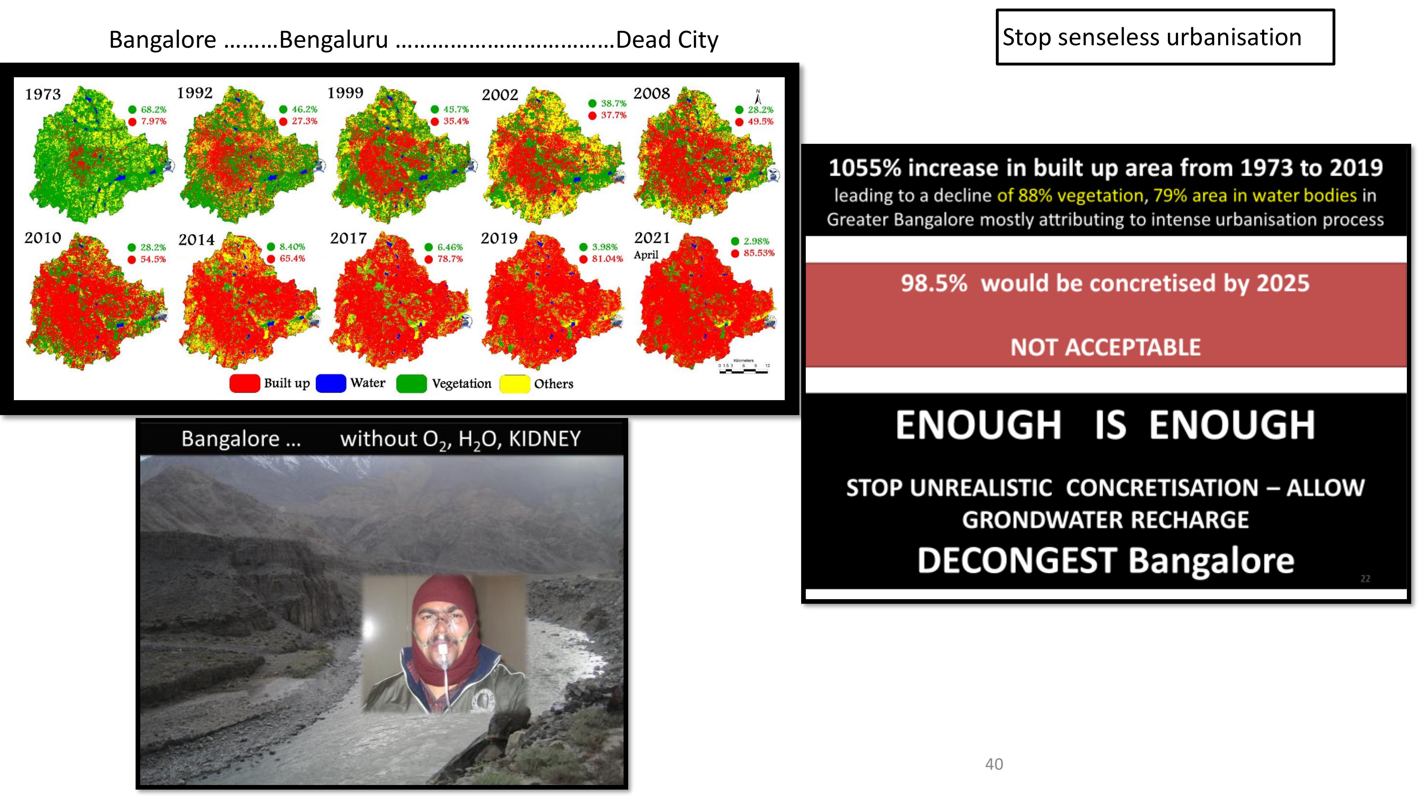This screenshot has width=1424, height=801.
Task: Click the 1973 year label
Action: point(43,95)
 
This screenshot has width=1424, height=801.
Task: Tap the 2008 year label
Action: point(651,93)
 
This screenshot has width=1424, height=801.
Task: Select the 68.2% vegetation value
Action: point(153,109)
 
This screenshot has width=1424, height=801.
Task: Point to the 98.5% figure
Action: point(934,283)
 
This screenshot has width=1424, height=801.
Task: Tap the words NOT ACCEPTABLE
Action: point(1105,347)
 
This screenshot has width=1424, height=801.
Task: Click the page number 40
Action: point(994,764)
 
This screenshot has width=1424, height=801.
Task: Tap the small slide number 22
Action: point(1365,579)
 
